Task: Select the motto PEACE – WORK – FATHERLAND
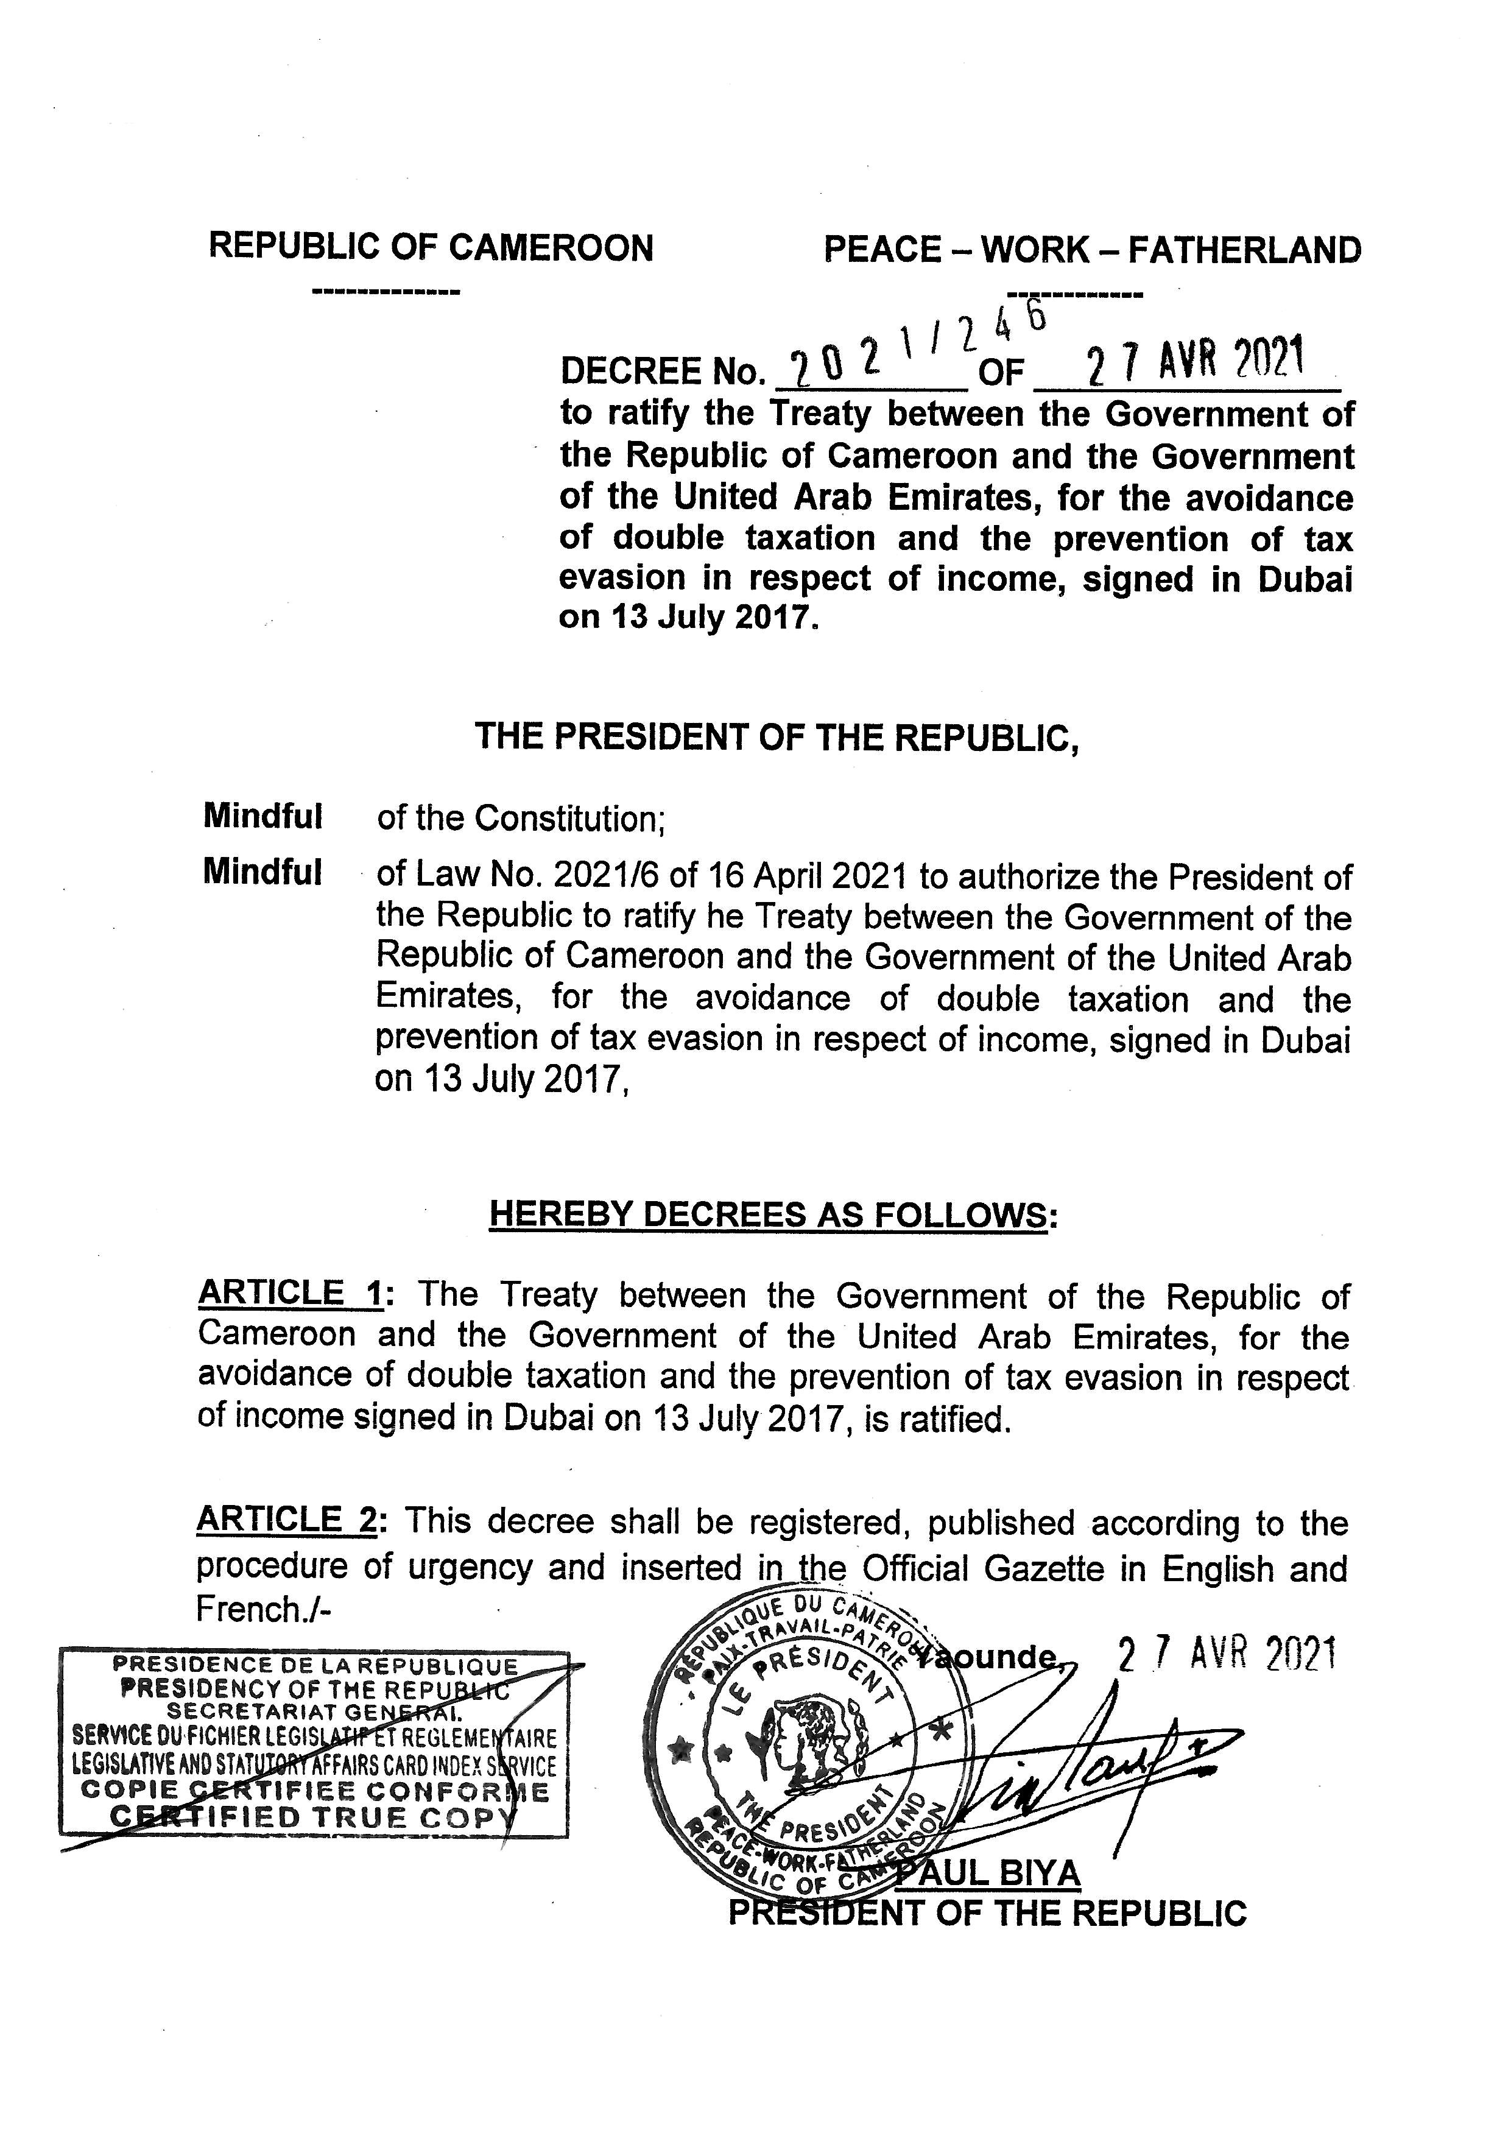pyautogui.click(x=1093, y=250)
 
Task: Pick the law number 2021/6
pyautogui.click(x=596, y=876)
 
